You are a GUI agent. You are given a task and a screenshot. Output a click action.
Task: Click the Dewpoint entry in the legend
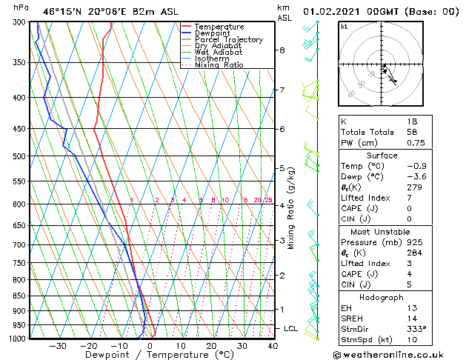tap(213, 33)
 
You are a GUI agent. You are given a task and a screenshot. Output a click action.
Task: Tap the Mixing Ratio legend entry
tap(219, 65)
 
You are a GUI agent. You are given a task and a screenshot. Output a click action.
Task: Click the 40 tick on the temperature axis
tap(273, 346)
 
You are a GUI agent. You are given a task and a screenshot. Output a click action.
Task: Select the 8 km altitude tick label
tap(282, 50)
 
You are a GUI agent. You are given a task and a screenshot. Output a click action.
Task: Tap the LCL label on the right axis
tap(291, 328)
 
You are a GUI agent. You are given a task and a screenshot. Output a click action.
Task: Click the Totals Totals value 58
tap(412, 132)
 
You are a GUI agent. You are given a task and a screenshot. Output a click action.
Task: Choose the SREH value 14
tap(412, 319)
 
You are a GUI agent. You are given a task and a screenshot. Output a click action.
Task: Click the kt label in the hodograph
tap(344, 27)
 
